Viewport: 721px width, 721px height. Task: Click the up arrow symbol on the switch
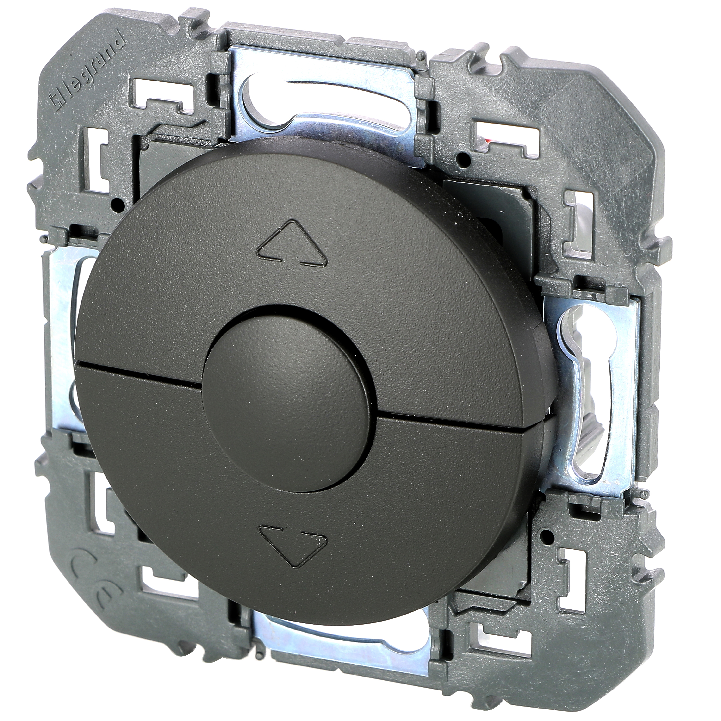[x=290, y=244]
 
